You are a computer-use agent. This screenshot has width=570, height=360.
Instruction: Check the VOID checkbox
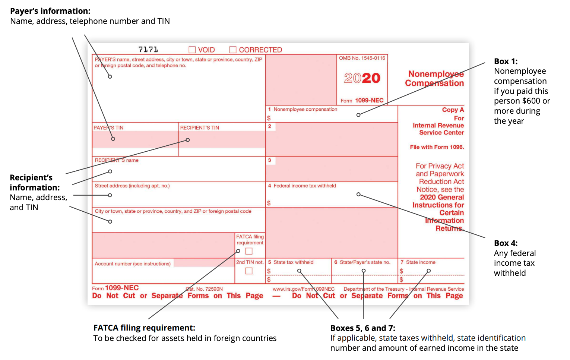click(192, 50)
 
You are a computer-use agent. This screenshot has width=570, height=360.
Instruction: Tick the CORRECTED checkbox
click(233, 50)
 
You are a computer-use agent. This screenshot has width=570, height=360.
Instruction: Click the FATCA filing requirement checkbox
click(249, 251)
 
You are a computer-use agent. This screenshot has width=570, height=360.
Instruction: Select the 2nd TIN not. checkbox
click(249, 271)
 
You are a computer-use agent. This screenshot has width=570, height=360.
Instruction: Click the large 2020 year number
click(362, 78)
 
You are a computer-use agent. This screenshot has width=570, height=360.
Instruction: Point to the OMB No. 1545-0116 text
click(362, 58)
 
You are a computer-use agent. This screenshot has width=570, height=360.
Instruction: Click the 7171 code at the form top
click(148, 50)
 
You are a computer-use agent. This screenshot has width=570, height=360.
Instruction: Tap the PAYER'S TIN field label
click(108, 127)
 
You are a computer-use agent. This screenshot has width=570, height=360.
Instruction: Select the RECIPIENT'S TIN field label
click(200, 127)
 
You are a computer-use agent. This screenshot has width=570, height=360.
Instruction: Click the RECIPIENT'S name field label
click(117, 160)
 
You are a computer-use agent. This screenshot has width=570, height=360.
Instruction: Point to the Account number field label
click(133, 264)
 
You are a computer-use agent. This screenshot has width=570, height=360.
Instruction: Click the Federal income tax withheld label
click(305, 186)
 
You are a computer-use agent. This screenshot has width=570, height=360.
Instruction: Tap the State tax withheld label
click(294, 262)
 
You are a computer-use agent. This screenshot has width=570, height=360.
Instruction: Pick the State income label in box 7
click(421, 262)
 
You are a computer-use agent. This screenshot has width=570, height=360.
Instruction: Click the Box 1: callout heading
click(506, 61)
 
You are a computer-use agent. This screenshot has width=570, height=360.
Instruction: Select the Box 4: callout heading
click(506, 243)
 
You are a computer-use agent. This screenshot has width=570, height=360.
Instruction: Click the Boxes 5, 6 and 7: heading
click(362, 328)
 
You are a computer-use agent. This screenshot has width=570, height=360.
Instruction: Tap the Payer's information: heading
click(50, 11)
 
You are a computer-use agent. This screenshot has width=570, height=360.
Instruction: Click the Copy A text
click(453, 110)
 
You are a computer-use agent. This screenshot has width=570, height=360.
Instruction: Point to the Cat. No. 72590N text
click(204, 289)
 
